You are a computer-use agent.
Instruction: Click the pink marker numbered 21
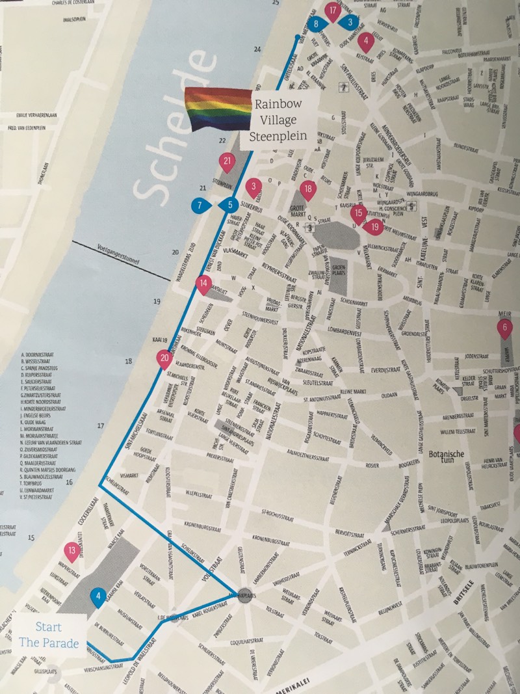click(x=227, y=162)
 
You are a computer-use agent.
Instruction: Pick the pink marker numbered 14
click(x=204, y=284)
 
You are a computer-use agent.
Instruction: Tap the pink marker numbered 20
click(x=164, y=358)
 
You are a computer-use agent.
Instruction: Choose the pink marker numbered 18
click(x=308, y=190)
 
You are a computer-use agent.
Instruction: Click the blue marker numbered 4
click(x=98, y=596)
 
